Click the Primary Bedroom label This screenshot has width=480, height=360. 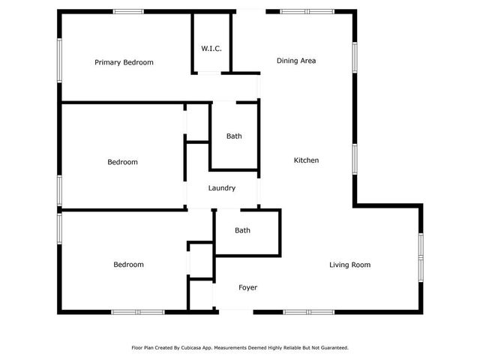[124, 62]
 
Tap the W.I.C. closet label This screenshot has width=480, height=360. [210, 49]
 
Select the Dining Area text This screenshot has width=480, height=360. [295, 61]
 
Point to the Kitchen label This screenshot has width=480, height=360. [306, 160]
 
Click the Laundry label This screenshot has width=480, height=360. [222, 188]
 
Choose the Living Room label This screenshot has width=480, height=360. [350, 265]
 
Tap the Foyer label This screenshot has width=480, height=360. [248, 288]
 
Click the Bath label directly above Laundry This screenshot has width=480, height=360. [234, 136]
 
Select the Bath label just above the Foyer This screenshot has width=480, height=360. [242, 230]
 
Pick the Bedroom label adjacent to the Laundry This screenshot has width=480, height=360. [122, 162]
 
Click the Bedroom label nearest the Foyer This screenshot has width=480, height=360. [128, 265]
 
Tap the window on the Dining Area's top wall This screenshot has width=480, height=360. [307, 11]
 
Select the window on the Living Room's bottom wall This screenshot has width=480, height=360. [308, 311]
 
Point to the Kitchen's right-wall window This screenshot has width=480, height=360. [355, 159]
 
